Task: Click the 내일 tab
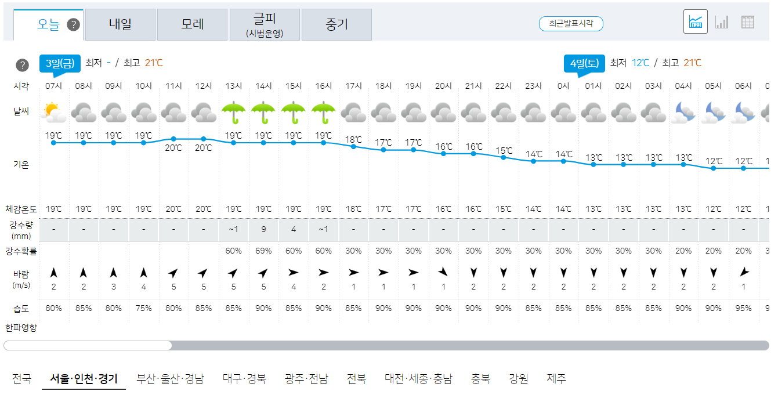click(120, 24)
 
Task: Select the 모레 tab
click(193, 24)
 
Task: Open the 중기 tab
click(336, 24)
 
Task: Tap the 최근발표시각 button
click(571, 24)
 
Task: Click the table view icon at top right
click(748, 22)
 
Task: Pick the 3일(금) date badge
click(60, 63)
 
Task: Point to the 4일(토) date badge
click(584, 63)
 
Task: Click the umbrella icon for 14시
click(264, 112)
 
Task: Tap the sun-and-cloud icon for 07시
click(53, 112)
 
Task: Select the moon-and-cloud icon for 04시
click(683, 112)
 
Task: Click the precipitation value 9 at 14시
click(263, 229)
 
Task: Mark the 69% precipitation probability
click(263, 251)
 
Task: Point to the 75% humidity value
click(143, 308)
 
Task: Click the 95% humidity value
click(744, 308)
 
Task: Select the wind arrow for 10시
click(143, 273)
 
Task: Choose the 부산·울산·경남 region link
click(170, 379)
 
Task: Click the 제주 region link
click(556, 379)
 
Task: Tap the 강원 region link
click(518, 379)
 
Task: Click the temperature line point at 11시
click(173, 139)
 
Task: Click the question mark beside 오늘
click(73, 24)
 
